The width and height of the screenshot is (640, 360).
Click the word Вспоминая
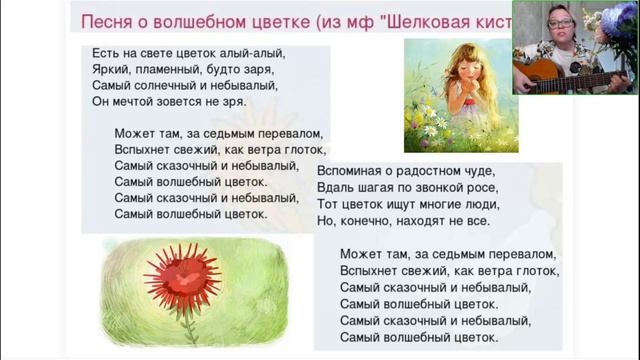point(356,170)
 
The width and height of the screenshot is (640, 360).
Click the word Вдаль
point(335,187)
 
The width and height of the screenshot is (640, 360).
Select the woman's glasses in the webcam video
point(560,23)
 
